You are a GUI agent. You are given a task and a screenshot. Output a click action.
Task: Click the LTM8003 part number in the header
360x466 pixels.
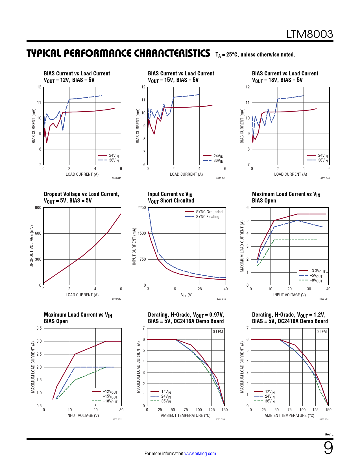309,34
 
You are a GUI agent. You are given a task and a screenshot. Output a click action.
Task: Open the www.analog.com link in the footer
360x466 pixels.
200,454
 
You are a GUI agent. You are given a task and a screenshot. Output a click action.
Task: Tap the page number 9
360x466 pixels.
328,448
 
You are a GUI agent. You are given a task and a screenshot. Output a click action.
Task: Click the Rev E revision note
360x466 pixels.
329,434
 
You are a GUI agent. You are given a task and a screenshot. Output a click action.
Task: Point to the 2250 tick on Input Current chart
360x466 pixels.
142,208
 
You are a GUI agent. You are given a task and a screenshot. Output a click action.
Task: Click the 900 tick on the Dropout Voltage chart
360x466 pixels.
38,208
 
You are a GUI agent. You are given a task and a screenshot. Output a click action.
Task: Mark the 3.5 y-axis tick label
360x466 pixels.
39,328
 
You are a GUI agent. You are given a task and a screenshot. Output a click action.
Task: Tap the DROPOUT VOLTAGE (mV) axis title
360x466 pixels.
32,246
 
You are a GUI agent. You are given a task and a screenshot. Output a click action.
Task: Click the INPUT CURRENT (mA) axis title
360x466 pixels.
134,246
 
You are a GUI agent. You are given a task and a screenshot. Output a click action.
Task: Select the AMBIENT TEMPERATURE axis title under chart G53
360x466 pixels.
186,415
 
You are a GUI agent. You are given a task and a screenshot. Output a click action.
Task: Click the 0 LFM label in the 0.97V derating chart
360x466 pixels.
218,332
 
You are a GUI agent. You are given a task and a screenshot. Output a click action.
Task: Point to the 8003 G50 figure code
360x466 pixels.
221,299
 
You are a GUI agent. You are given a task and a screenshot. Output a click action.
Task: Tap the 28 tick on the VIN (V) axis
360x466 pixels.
200,289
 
